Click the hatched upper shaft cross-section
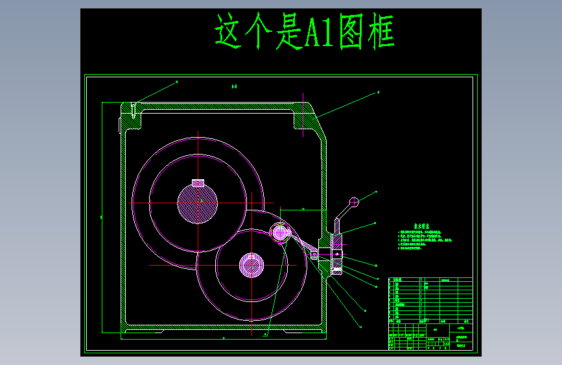[198, 203]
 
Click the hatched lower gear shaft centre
[252, 265]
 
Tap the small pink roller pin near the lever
[281, 231]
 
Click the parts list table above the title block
[430, 299]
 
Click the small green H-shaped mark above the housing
[235, 86]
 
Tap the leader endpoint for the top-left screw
[177, 82]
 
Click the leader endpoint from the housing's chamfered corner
[378, 93]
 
